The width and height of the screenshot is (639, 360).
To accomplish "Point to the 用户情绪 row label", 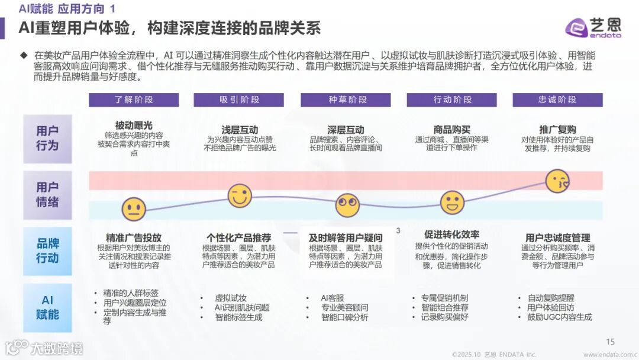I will pos(47,195).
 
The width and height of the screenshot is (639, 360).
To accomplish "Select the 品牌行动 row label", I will pos(47,251).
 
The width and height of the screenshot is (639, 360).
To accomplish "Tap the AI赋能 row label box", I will pos(47,307).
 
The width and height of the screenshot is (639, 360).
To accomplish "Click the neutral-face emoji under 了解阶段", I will pos(134,209).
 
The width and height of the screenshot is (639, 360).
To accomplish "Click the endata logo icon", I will pos(575,27).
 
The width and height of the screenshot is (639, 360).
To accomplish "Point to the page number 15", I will pos(611,342).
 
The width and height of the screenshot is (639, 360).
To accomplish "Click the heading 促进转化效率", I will pos(452,234).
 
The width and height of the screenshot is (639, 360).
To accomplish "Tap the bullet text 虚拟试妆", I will pos(231,298).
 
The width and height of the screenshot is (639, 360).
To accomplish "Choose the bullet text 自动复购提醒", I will pos(551,298).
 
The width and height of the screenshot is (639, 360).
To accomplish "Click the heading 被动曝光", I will pos(134,126).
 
